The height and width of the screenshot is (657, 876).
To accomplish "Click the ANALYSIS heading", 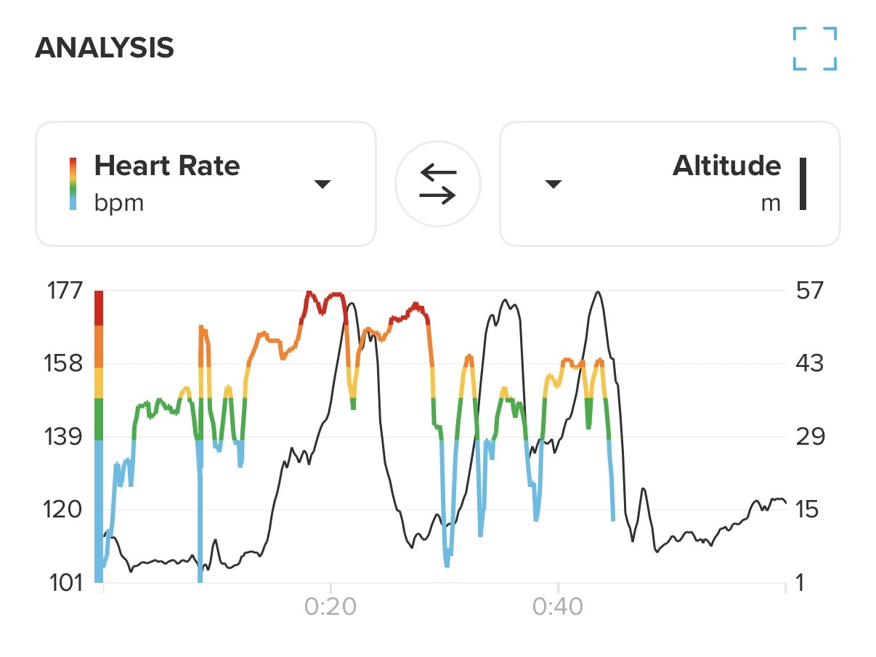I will point(105,48).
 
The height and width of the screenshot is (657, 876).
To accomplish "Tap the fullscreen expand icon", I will point(814,49).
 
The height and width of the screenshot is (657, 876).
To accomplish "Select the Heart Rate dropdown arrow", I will point(323,185).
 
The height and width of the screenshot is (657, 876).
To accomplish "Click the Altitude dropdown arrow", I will point(553,185).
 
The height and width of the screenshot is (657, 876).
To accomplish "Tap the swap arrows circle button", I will point(438,184).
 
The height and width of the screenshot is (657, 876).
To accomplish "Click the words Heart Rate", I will point(167,166).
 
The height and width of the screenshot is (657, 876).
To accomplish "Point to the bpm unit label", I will point(119,203).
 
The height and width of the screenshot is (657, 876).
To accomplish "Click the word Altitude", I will point(726,166).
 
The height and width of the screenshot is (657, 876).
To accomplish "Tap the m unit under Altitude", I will point(771,203).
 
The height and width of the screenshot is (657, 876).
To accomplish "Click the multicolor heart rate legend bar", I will point(73,184).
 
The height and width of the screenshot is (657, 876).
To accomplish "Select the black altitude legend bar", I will point(803,184).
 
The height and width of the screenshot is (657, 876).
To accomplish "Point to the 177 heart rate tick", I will point(65,291).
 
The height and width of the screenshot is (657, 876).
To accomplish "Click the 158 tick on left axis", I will point(65,363).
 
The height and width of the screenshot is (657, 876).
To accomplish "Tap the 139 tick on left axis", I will point(65,436).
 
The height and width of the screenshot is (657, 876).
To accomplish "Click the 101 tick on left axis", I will point(65,582).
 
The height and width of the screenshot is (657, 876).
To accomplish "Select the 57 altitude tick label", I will point(810,291).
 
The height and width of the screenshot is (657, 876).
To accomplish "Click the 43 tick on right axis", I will point(810,363).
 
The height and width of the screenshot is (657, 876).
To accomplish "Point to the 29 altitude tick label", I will point(810,436).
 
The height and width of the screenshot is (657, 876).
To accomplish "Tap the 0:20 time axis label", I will point(331,608).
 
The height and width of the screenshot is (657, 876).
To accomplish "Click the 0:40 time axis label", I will point(558,608).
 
